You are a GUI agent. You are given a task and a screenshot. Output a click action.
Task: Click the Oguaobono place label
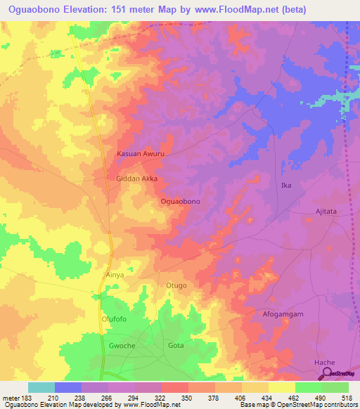click(181, 202)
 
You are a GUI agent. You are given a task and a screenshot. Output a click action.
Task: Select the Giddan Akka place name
click(136, 179)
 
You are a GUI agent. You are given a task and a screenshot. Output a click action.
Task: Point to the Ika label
click(285, 186)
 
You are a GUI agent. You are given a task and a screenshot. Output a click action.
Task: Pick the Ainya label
click(114, 275)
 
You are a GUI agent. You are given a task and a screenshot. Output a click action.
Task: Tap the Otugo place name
click(176, 285)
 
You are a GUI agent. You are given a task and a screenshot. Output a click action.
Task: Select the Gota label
click(176, 346)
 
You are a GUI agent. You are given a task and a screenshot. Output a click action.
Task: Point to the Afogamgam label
click(283, 314)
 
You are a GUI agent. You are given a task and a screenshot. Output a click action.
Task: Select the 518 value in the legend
click(348, 397)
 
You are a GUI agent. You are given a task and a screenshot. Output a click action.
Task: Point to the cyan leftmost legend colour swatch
click(41, 387)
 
